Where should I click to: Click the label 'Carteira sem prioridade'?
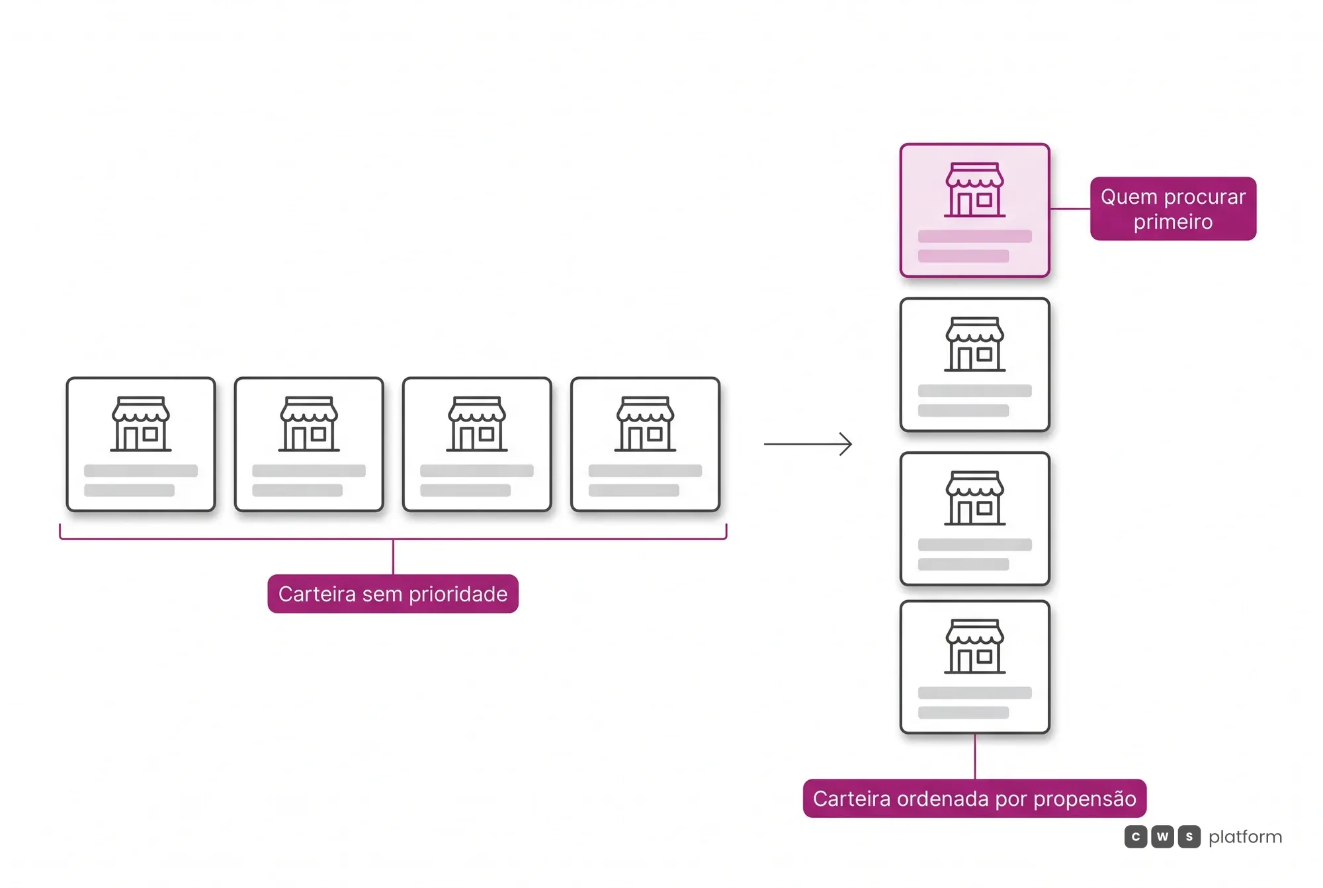(393, 594)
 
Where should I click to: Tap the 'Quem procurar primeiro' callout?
(1173, 208)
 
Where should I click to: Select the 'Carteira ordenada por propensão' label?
(974, 798)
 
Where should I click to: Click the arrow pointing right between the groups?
(808, 444)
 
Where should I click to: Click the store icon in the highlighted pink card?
(974, 190)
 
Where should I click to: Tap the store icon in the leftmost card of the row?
(141, 424)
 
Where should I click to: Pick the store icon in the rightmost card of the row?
(645, 424)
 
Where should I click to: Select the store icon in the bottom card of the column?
(974, 646)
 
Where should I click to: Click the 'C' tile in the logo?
(1136, 837)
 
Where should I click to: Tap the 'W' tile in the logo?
(1162, 837)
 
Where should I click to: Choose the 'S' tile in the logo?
(1189, 837)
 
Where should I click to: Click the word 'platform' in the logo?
(1245, 837)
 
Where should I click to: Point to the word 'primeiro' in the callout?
(1173, 222)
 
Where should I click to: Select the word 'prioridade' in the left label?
(458, 594)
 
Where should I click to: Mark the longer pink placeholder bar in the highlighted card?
(974, 236)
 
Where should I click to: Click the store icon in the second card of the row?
(309, 424)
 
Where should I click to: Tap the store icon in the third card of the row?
(477, 424)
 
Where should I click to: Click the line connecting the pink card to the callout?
(1070, 208)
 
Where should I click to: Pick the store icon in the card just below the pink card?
(974, 344)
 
